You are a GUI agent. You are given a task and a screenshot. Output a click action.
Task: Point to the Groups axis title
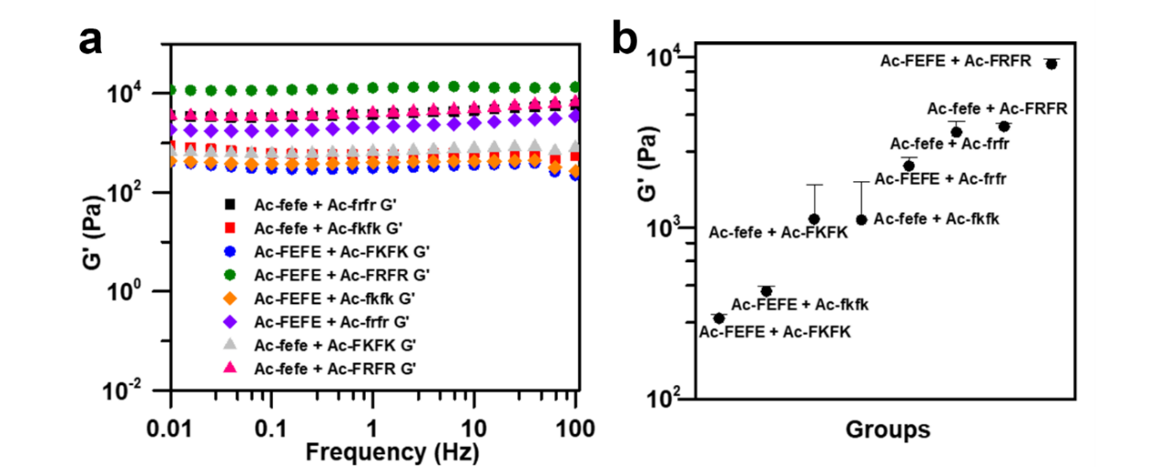click(888, 429)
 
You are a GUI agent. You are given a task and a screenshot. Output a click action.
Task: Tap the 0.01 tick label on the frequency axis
click(171, 428)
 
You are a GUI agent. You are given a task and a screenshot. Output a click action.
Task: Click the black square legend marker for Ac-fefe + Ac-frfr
click(231, 202)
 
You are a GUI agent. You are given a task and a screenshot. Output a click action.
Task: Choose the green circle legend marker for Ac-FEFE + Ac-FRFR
click(231, 274)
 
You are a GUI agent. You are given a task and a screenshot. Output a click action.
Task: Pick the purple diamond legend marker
click(231, 322)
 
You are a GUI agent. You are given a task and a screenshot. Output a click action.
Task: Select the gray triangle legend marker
click(231, 345)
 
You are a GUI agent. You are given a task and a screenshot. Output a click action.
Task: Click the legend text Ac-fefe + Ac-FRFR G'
click(336, 369)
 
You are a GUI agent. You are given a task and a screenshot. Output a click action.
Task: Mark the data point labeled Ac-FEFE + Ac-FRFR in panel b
click(1051, 63)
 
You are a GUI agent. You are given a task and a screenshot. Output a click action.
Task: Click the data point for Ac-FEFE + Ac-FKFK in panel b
click(719, 318)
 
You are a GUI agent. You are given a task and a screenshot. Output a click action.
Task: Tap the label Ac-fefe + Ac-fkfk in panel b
click(936, 218)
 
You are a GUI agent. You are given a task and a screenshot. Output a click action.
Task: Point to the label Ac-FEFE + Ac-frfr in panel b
click(941, 179)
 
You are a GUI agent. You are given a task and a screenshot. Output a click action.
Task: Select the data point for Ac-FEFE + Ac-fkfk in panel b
click(766, 290)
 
